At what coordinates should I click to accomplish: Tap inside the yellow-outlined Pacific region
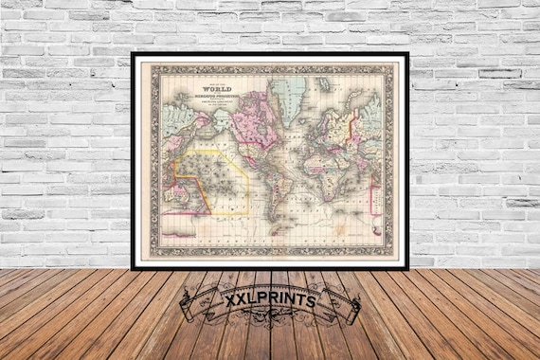[x=218, y=175]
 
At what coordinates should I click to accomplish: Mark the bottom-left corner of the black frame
[x=134, y=267]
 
